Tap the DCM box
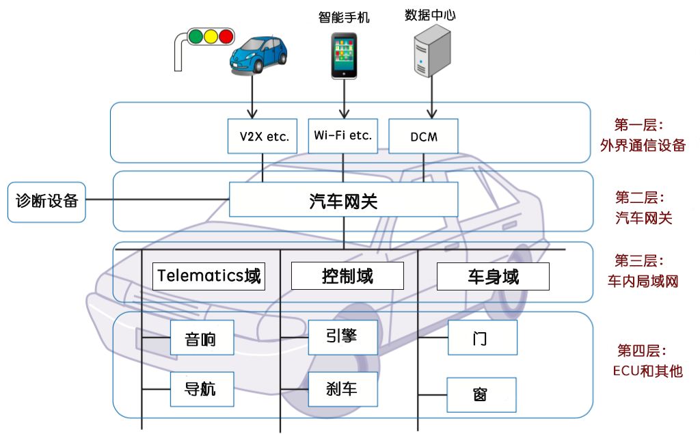click(x=423, y=137)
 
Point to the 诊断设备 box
click(x=46, y=202)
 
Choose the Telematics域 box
click(x=208, y=276)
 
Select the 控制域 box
click(x=347, y=276)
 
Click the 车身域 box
click(x=493, y=277)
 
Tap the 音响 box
click(x=201, y=338)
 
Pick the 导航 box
click(x=201, y=389)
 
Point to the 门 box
click(x=482, y=338)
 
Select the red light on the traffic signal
click(x=225, y=35)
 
